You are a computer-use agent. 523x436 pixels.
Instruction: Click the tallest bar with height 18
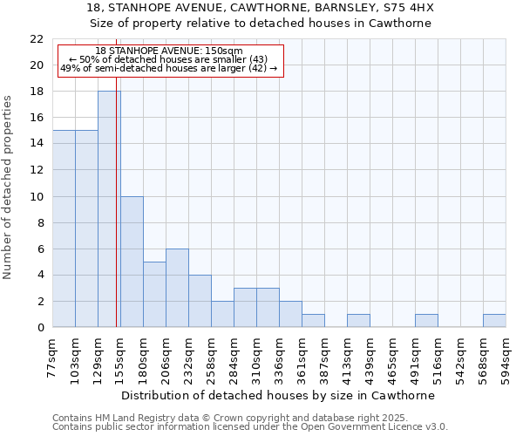point(109,209)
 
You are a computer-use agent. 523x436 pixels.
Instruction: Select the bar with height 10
point(132,262)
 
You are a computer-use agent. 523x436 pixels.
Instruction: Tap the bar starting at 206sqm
point(177,288)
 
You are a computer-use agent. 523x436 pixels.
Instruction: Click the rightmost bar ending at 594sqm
point(494,321)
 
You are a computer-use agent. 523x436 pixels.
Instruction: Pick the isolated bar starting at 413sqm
point(358,321)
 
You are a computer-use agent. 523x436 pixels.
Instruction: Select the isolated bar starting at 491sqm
point(426,321)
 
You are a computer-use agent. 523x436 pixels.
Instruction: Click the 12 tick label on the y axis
point(37,170)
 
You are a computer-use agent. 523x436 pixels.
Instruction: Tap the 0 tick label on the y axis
point(40,328)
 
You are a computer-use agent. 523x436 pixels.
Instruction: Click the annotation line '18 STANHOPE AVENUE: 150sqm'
point(169,51)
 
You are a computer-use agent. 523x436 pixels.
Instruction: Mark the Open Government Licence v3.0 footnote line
point(250,427)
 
